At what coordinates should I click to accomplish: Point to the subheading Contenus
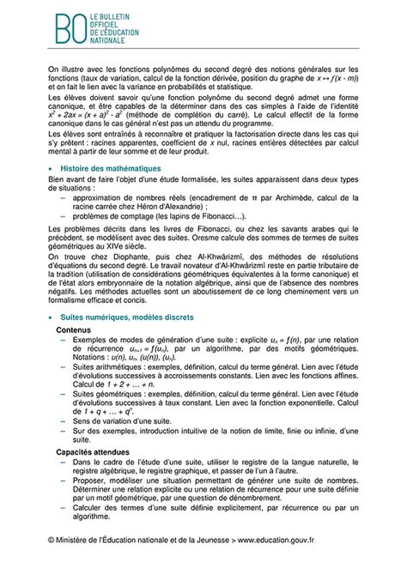[75, 329]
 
